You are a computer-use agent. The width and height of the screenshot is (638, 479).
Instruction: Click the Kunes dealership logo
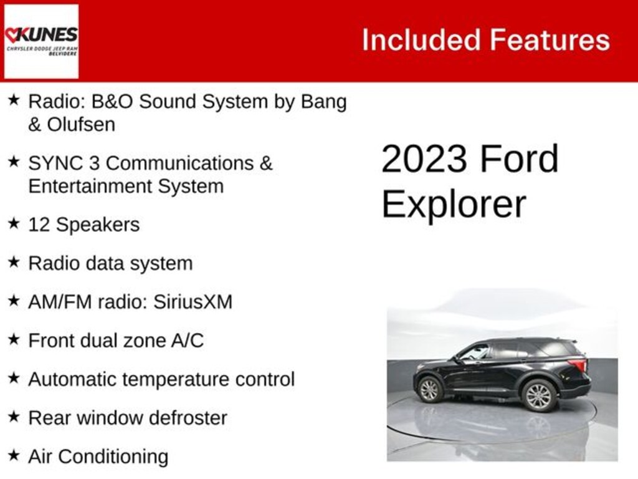(41, 41)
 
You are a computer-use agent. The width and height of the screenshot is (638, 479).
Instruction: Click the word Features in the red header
(549, 40)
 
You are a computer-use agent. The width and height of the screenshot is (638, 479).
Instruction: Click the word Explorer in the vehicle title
(454, 204)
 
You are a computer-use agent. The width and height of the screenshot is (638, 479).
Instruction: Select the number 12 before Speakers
(39, 225)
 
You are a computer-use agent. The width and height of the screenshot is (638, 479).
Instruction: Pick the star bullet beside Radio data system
(14, 263)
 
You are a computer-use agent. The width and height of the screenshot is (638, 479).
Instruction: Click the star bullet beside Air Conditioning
(14, 456)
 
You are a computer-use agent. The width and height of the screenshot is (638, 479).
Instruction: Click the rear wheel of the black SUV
(538, 395)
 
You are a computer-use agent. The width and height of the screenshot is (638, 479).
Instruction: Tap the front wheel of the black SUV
(429, 389)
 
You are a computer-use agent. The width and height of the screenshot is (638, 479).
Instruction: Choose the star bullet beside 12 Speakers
(14, 224)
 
